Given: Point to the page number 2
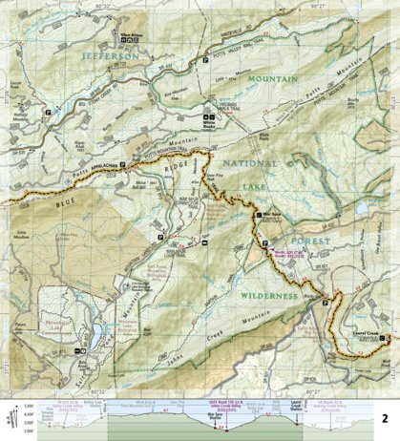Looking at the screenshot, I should (x=384, y=391).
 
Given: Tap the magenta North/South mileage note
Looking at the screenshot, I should (x=286, y=254).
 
